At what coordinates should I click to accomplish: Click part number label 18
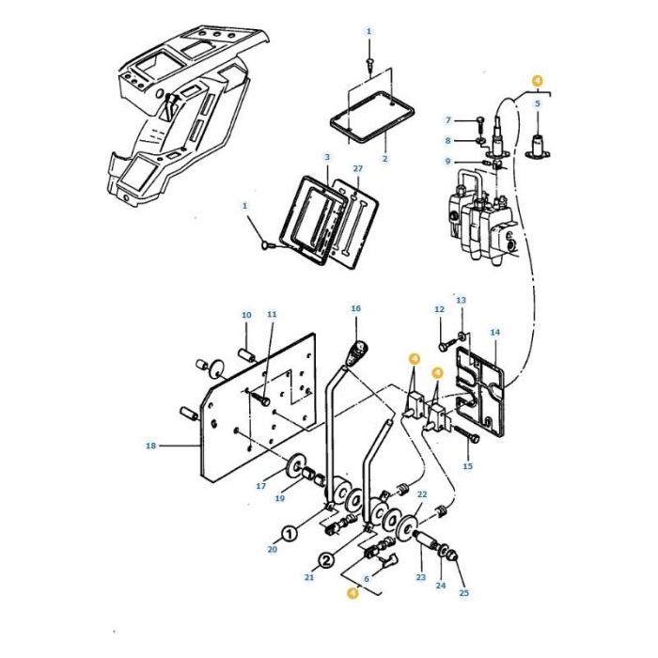click(150, 446)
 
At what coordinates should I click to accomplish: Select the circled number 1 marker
click(289, 534)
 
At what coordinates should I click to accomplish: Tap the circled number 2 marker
click(327, 560)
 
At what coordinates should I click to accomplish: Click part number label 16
click(355, 308)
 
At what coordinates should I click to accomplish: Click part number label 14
click(495, 333)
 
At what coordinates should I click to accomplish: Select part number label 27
click(357, 168)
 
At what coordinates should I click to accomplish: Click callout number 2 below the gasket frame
click(384, 159)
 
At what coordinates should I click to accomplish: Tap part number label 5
click(538, 103)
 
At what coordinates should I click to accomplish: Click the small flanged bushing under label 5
click(538, 147)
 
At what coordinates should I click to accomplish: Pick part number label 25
click(463, 592)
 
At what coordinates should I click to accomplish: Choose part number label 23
click(421, 577)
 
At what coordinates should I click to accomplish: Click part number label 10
click(246, 315)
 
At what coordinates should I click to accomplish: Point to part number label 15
click(467, 466)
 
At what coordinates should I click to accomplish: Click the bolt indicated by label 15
click(466, 434)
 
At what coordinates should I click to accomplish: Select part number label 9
click(447, 161)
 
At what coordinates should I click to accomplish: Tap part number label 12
click(439, 309)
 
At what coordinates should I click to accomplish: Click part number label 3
click(327, 157)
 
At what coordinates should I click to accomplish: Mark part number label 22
click(422, 494)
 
